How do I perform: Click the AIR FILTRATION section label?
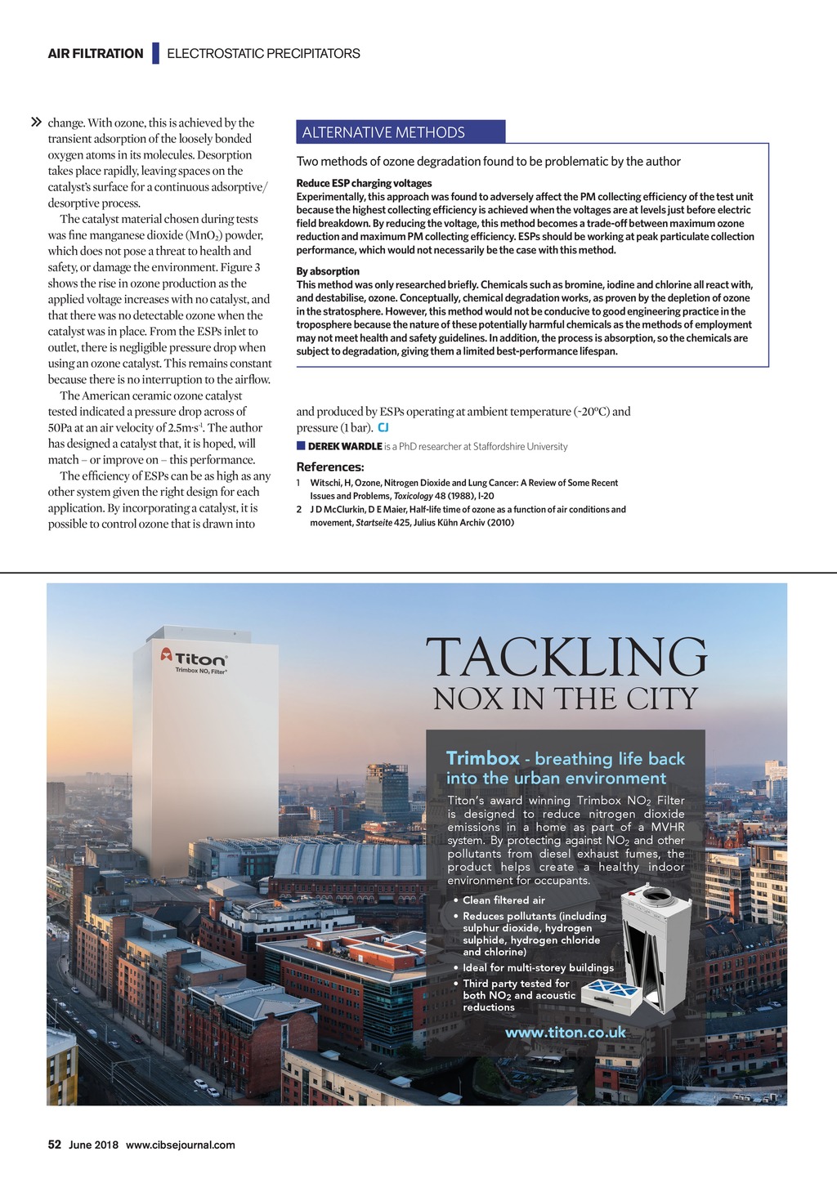[96, 54]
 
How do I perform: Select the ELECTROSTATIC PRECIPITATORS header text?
[263, 54]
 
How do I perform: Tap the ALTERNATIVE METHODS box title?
[383, 132]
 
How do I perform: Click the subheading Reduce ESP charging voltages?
[364, 183]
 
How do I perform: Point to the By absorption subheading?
[328, 271]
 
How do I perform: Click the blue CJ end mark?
[383, 427]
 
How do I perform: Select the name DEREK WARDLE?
[345, 446]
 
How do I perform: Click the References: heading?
[330, 467]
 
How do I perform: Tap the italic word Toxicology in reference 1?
[413, 496]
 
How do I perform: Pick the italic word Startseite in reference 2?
[374, 522]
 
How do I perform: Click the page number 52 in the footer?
[55, 1145]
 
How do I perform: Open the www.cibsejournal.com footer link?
[180, 1145]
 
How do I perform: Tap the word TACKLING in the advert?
[566, 657]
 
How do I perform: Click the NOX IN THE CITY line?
[566, 699]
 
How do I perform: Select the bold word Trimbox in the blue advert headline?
[482, 758]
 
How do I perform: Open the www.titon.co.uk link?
[566, 1033]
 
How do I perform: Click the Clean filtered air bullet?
[504, 900]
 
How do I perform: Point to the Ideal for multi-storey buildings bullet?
[538, 968]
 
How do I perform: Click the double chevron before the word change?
[36, 123]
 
